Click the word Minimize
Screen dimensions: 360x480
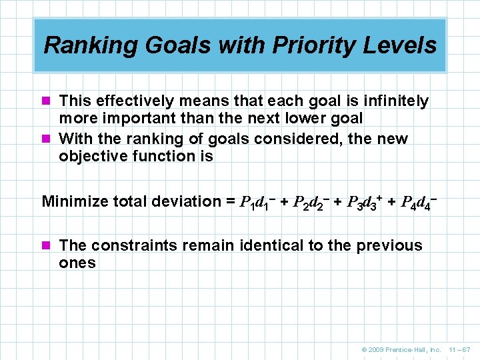point(73,201)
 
